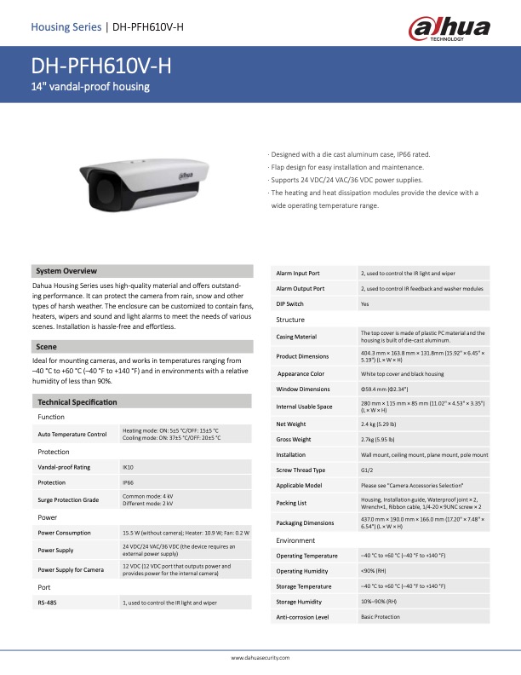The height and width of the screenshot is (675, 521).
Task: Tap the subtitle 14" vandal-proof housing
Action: (90, 87)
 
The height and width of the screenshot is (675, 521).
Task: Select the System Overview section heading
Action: (67, 270)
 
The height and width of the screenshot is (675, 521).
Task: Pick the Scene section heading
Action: (46, 346)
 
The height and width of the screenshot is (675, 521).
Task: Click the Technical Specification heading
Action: (77, 401)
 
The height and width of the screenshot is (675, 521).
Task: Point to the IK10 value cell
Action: (129, 467)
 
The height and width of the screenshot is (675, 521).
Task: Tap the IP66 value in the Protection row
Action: (129, 482)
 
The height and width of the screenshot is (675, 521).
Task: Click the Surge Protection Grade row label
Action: (68, 499)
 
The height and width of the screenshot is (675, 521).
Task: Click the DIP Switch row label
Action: (290, 303)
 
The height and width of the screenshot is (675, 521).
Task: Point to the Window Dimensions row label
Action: (303, 389)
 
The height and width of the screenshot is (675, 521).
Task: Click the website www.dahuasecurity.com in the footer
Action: (260, 658)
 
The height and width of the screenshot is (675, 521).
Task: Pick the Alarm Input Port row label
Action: (298, 273)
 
